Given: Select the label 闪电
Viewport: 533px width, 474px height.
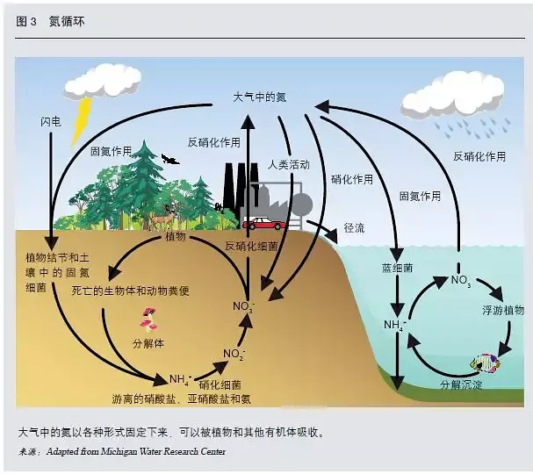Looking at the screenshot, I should [51, 119].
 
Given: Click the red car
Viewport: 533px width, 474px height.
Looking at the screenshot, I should [264, 224].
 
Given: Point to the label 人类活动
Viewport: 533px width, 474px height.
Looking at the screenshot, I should [289, 164].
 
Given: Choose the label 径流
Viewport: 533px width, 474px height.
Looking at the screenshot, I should [355, 227].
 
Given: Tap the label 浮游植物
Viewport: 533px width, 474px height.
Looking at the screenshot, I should [502, 311].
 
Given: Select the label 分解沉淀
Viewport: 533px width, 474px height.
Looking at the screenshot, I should [461, 384].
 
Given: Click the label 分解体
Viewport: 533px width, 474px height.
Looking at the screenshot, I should [148, 342].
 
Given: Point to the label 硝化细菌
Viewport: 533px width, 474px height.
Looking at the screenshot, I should [222, 384].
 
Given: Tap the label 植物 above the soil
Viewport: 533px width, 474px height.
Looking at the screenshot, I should [176, 237].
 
